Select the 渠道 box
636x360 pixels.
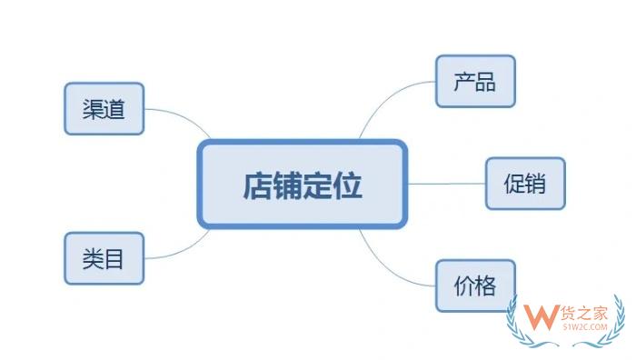pyautogui.click(x=104, y=110)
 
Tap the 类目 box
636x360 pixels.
pyautogui.click(x=104, y=259)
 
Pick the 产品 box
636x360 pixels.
pyautogui.click(x=475, y=82)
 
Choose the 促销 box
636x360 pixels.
pyautogui.click(x=524, y=184)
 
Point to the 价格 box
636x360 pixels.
pyautogui.click(x=475, y=286)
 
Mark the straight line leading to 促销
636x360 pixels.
pyautogui.click(x=445, y=184)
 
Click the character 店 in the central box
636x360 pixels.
pyautogui.click(x=255, y=185)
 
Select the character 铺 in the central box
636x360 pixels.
pyautogui.click(x=286, y=185)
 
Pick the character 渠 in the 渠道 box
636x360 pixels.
pyautogui.click(x=93, y=110)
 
